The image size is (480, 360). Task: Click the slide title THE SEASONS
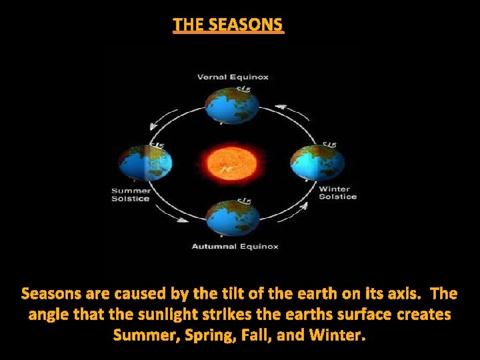click(x=228, y=25)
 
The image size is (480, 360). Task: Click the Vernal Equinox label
click(x=233, y=77)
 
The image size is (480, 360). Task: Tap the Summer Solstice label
click(x=130, y=195)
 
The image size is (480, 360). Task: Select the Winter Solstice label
click(x=337, y=193)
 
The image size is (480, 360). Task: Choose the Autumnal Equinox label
click(x=235, y=247)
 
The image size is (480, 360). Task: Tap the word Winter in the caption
click(x=339, y=334)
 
